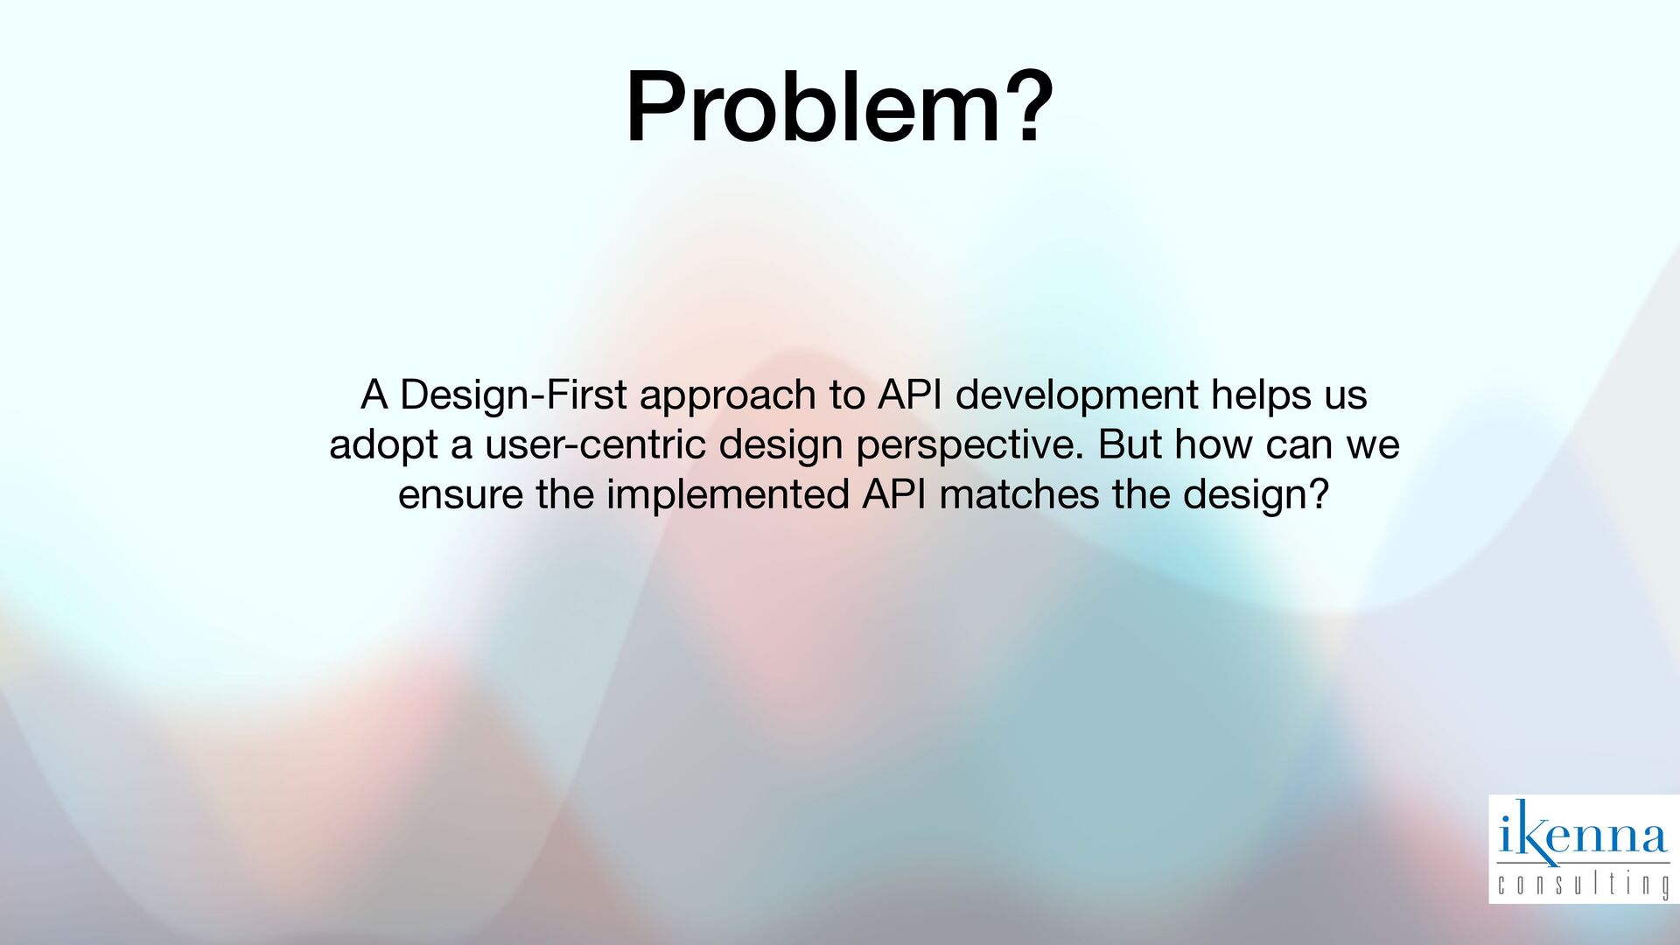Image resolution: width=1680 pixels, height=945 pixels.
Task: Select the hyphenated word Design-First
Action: tap(513, 395)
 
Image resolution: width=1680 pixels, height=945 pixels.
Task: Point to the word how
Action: tap(1207, 444)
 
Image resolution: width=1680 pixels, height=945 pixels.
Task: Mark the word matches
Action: tap(1018, 494)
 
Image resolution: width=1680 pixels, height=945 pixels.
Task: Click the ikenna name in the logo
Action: tap(1583, 836)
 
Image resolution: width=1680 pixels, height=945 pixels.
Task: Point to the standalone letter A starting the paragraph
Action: tap(374, 395)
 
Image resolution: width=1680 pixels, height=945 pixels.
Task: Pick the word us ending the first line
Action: tap(1346, 398)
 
